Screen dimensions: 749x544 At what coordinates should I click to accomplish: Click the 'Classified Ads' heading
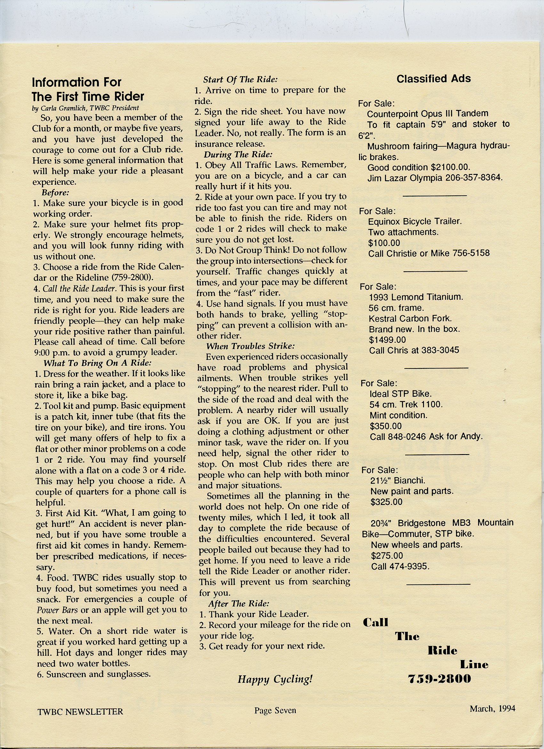[x=433, y=79]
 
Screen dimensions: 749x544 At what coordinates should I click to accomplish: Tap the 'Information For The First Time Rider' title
[x=88, y=89]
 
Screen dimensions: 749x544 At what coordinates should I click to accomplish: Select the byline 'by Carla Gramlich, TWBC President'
[x=85, y=108]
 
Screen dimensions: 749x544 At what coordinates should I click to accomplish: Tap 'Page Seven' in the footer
[x=275, y=710]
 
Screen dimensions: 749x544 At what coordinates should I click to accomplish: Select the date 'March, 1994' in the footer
[x=492, y=708]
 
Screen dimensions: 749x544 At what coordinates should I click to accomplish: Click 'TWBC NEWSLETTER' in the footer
[x=80, y=711]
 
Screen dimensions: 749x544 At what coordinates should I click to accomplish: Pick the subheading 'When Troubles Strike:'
[x=250, y=346]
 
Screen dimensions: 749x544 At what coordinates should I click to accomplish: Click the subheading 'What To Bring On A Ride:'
[x=97, y=363]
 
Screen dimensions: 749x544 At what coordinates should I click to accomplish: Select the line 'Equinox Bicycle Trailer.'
[x=415, y=221]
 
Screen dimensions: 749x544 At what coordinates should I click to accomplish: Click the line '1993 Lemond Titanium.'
[x=416, y=297]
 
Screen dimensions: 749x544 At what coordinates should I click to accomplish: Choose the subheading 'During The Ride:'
[x=238, y=155]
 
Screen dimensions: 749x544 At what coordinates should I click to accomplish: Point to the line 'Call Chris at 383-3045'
[x=414, y=350]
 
